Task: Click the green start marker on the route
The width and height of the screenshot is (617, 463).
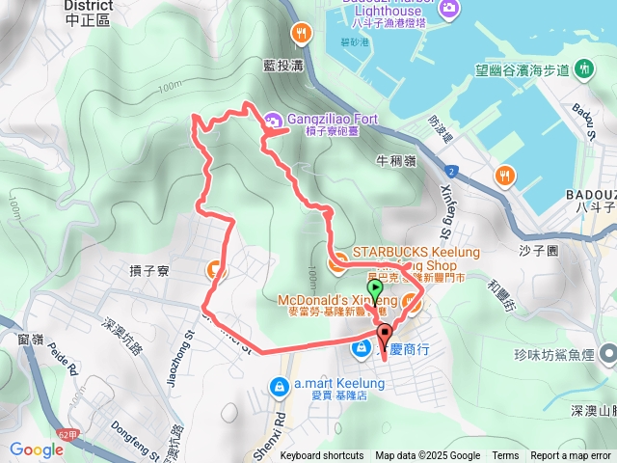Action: [375, 287]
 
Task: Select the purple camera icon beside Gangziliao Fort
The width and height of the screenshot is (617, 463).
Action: [273, 121]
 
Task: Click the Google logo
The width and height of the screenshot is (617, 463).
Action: [37, 449]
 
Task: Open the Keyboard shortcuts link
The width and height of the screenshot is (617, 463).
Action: [322, 456]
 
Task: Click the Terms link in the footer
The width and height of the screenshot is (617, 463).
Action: [505, 456]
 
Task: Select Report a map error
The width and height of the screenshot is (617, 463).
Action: [571, 456]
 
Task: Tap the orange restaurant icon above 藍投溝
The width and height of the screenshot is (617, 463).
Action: [304, 34]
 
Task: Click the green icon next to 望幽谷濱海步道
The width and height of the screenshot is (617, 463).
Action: [584, 69]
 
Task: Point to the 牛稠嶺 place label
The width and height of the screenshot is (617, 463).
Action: [396, 161]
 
